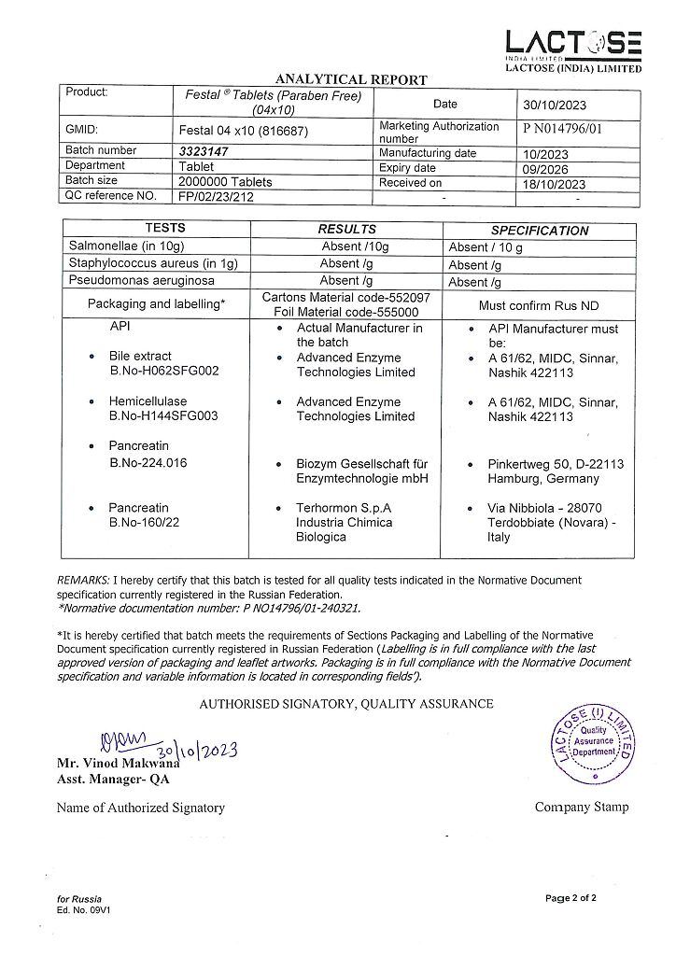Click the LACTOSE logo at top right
[x=573, y=44]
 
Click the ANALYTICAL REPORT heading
[x=351, y=80]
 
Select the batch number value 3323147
[x=204, y=150]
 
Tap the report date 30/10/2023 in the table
[x=554, y=105]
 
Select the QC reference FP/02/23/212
[x=216, y=197]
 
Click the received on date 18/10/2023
[x=554, y=184]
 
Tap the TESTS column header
[x=165, y=228]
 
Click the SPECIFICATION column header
[x=540, y=231]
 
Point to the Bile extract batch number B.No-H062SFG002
[x=164, y=372]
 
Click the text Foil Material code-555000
[x=346, y=313]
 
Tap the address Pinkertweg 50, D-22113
[x=556, y=464]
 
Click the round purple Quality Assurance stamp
[x=593, y=744]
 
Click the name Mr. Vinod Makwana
[x=118, y=764]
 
